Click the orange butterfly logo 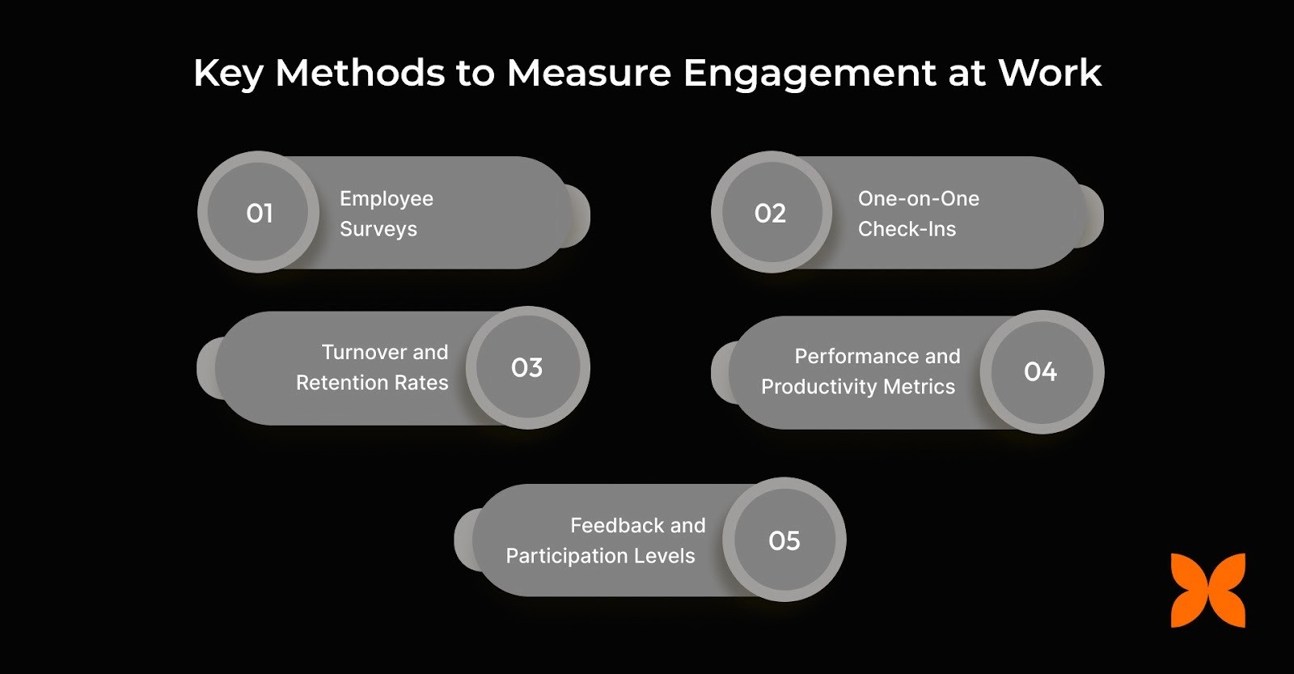[1207, 591]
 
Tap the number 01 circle [259, 213]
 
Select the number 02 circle [771, 213]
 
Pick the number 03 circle [527, 368]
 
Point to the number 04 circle [1041, 371]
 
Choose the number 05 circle [784, 540]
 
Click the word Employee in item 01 [387, 199]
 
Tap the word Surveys [378, 230]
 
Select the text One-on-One [919, 199]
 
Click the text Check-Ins [907, 230]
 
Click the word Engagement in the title [810, 74]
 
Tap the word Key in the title [229, 74]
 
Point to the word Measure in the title [589, 74]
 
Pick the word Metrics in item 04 [920, 388]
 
